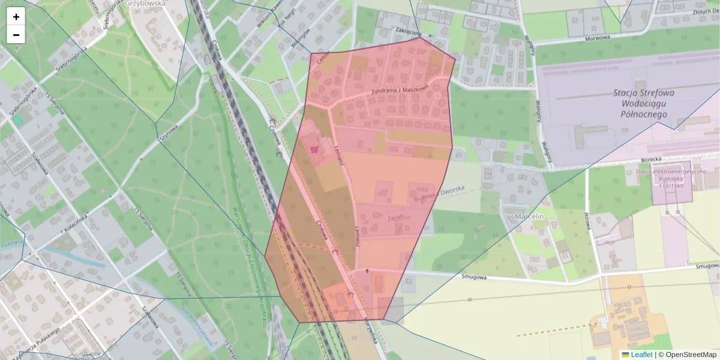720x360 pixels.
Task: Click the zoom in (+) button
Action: [16, 17]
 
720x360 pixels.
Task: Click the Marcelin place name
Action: [529, 216]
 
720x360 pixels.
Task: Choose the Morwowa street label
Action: [596, 37]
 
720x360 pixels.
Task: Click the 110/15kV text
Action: [673, 186]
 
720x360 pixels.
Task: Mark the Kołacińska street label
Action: [76, 225]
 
